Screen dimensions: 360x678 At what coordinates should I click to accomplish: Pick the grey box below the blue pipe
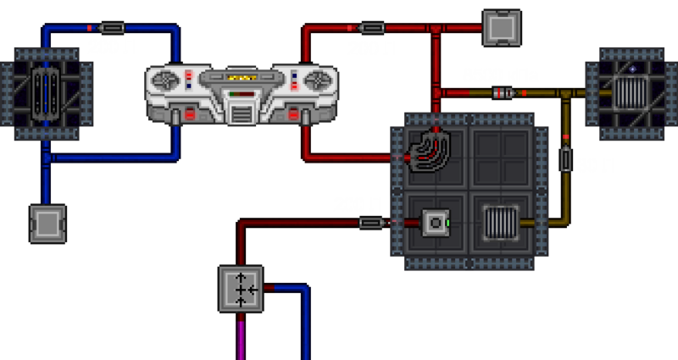47,224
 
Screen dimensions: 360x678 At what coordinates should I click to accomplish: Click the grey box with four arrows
242,289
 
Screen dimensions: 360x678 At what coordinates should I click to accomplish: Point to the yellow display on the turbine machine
243,79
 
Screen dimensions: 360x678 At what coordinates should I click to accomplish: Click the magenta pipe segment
242,339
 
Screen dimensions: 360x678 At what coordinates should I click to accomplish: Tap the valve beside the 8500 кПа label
505,92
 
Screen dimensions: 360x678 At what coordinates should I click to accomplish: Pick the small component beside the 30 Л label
566,159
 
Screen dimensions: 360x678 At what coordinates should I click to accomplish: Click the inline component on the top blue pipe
112,28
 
